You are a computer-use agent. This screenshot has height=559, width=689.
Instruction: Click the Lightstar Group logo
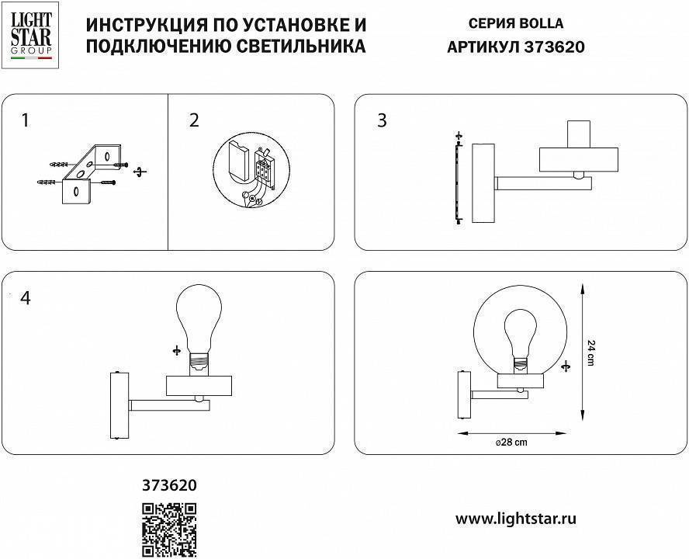coord(31,36)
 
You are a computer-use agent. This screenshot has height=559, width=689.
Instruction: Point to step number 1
coord(26,120)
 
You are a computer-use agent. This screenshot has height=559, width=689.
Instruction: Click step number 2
coord(194,120)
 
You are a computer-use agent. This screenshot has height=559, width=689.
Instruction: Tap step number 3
coord(381,120)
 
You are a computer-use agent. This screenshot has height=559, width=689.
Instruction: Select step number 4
coord(26,298)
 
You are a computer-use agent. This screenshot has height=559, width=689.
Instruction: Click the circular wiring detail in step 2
coord(251,172)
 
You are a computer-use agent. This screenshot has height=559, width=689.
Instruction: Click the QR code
coord(169,530)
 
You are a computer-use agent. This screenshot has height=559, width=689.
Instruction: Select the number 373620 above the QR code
coord(169,485)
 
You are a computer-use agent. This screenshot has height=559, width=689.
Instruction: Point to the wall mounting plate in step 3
coord(483,182)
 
